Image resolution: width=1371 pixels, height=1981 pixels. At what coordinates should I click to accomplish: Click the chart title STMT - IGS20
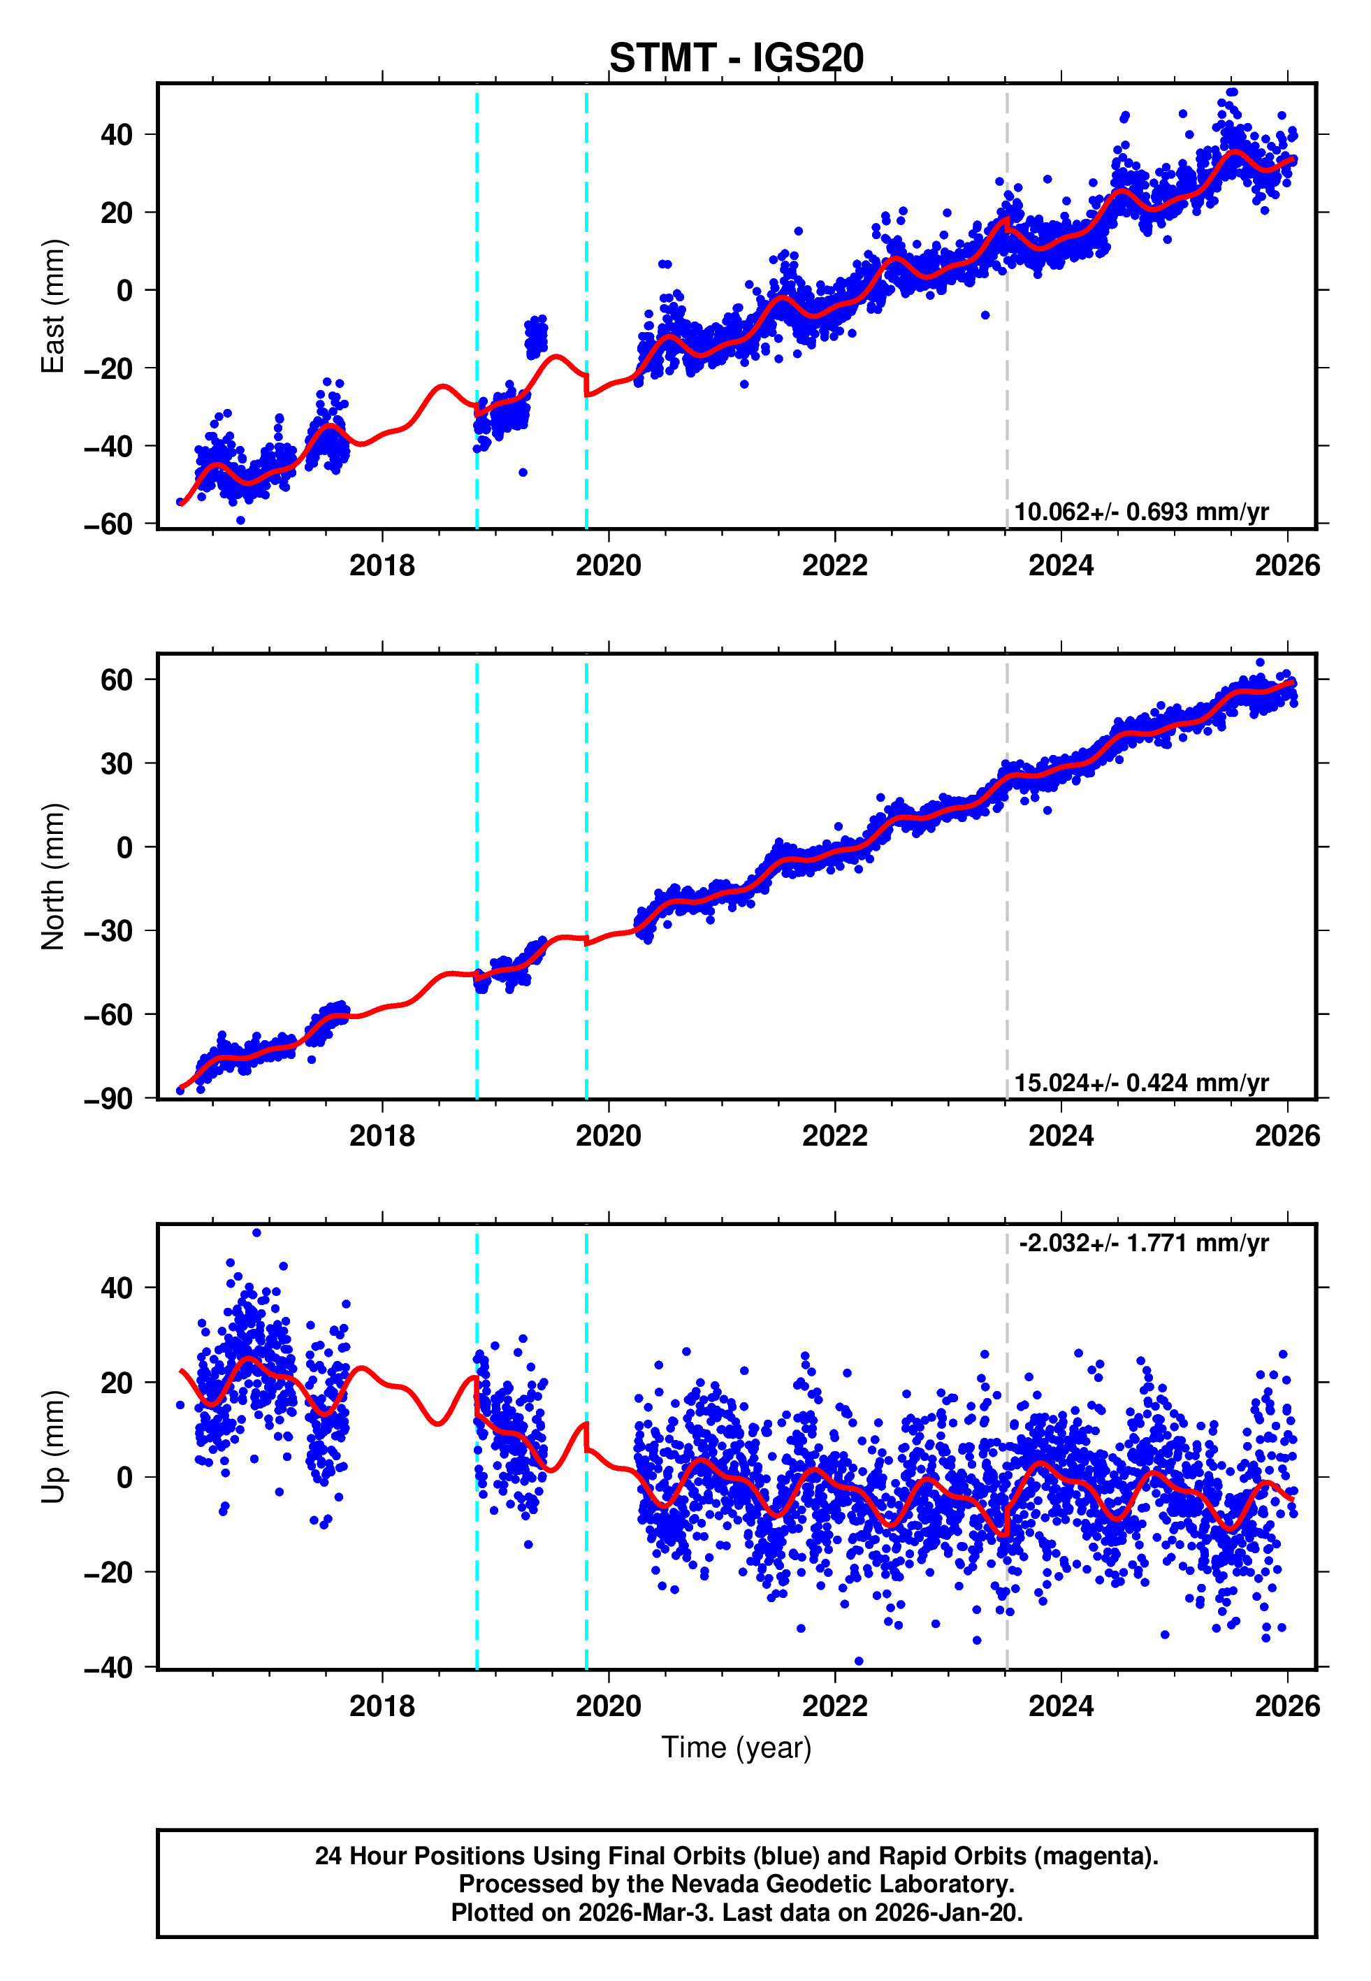coord(737,59)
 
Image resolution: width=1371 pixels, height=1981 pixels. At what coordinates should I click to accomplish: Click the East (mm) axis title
coord(53,306)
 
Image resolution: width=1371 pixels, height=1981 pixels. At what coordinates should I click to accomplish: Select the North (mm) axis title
coord(53,877)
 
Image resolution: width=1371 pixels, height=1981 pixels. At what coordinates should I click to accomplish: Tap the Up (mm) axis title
coord(53,1447)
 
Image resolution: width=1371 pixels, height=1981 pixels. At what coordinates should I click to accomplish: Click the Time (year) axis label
coord(737,1748)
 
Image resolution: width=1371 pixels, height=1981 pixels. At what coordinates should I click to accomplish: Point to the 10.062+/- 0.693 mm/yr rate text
coord(1141,512)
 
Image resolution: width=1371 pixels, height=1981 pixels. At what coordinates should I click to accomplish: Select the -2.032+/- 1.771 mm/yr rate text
coord(1143,1243)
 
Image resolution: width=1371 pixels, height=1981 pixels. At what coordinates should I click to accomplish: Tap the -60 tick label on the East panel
coord(108,524)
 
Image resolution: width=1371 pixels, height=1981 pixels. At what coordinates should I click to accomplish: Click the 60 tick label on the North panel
coord(117,680)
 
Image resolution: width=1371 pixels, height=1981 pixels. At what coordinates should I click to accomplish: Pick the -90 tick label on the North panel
coord(108,1099)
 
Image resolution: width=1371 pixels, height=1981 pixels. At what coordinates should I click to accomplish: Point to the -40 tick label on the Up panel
coord(108,1669)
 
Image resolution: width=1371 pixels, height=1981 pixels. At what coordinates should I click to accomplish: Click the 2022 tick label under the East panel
coord(834,566)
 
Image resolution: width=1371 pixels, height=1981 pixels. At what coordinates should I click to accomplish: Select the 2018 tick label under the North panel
coord(382,1136)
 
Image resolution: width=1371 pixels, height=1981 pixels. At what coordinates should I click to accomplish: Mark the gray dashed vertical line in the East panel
coord(1007,387)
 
